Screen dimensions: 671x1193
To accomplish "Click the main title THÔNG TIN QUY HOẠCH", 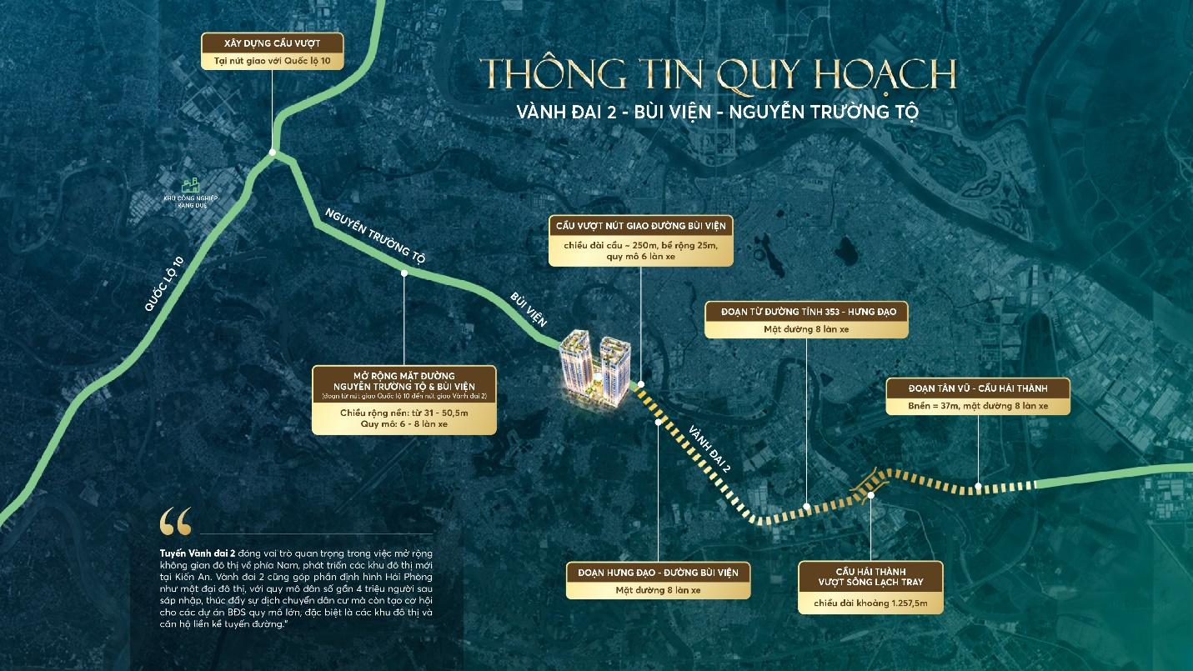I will tap(717, 76).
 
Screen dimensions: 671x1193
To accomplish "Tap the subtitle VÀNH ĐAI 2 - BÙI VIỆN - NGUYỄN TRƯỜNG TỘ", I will tap(717, 113).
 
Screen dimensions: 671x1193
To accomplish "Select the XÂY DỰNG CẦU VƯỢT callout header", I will tap(272, 43).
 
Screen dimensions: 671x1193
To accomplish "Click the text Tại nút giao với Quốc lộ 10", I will tap(272, 61).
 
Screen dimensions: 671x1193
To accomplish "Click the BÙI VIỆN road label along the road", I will tap(527, 308).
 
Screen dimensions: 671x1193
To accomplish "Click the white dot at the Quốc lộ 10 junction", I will tap(273, 153).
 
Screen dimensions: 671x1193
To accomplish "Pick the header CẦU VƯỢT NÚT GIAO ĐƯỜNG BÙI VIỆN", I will tap(641, 226).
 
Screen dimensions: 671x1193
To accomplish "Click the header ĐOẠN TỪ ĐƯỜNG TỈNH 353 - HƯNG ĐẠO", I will tap(805, 311).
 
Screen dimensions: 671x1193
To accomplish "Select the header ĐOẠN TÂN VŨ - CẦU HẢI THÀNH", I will tap(978, 388).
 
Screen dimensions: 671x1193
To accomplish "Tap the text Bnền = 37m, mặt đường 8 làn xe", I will tap(978, 406).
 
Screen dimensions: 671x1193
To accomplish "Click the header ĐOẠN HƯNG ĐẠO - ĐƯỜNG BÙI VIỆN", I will tap(658, 572).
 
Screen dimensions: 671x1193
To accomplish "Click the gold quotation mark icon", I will tap(175, 521).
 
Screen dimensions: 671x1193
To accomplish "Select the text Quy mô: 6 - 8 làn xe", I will tap(404, 423).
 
